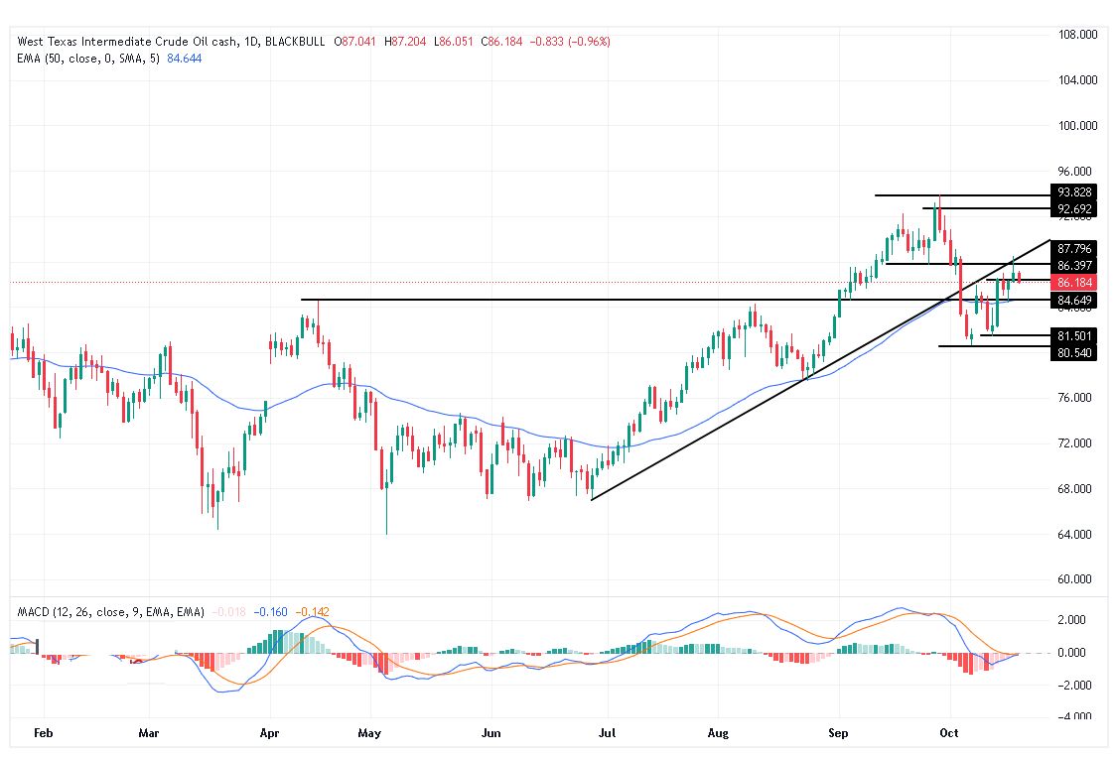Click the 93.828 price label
[x=1075, y=192]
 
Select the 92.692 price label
[x=1075, y=209]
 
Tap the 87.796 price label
[x=1075, y=249]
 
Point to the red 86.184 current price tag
[x=1075, y=283]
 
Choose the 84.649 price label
[x=1075, y=301]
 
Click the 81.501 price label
[x=1075, y=336]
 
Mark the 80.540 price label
[x=1075, y=353]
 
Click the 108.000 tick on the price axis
[x=1078, y=35]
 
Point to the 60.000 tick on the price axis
[x=1078, y=579]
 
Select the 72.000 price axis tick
[x=1078, y=443]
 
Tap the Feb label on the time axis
[x=43, y=734]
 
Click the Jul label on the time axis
[x=608, y=734]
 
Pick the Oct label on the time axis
[x=950, y=734]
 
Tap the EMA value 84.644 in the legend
[x=183, y=59]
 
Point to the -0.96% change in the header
[x=589, y=42]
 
